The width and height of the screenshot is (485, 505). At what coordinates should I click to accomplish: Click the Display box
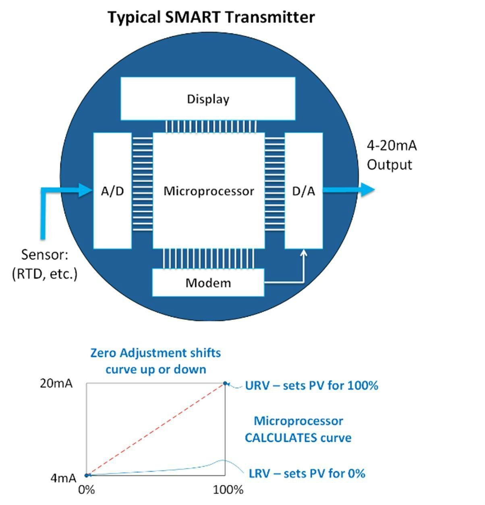208,99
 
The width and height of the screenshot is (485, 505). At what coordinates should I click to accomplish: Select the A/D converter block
112,191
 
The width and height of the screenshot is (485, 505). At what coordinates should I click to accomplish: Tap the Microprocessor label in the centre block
209,191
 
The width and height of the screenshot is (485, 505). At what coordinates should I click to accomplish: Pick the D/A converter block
304,191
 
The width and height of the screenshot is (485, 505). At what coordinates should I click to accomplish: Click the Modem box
208,282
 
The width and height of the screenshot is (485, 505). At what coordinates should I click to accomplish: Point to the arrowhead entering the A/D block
86,190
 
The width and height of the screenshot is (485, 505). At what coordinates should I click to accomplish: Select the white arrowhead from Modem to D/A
304,254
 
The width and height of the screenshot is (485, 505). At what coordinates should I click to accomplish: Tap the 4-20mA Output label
391,155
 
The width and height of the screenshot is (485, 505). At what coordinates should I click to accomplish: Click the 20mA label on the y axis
56,383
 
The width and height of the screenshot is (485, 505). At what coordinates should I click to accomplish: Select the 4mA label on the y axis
63,478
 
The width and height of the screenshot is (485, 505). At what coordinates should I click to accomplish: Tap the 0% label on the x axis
86,490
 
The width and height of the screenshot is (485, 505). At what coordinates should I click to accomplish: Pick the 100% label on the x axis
228,490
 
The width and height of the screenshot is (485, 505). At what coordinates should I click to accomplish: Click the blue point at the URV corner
225,383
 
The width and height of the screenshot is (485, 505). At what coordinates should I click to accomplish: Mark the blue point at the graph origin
86,475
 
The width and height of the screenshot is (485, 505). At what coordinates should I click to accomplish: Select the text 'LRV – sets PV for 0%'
307,474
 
